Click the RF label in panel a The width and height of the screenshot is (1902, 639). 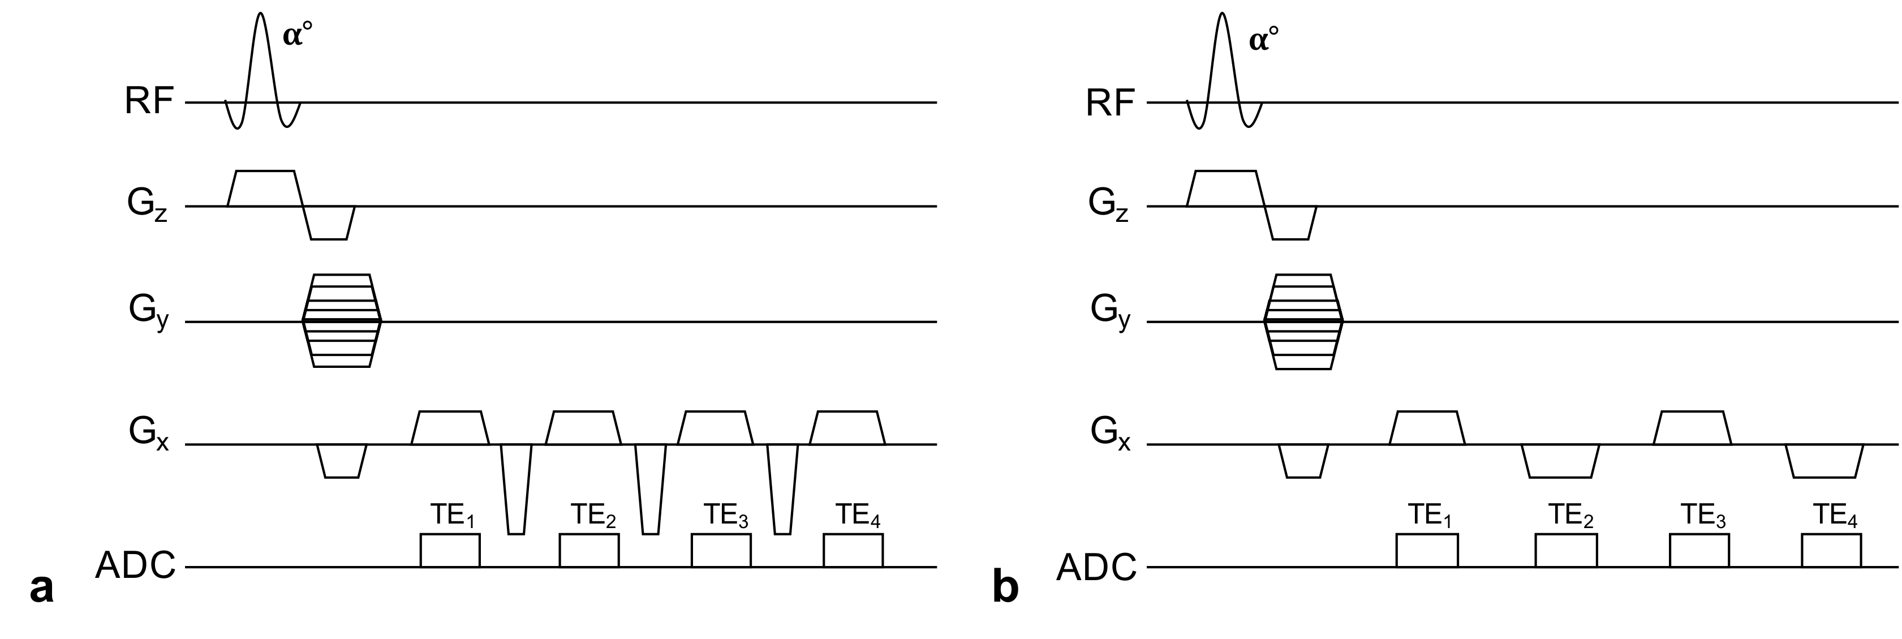click(149, 102)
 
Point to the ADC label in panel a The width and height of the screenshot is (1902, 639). click(135, 567)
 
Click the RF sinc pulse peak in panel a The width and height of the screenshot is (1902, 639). click(260, 13)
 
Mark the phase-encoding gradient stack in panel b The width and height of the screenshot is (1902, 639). click(1303, 321)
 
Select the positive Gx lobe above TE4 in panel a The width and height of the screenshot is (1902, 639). click(847, 427)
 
